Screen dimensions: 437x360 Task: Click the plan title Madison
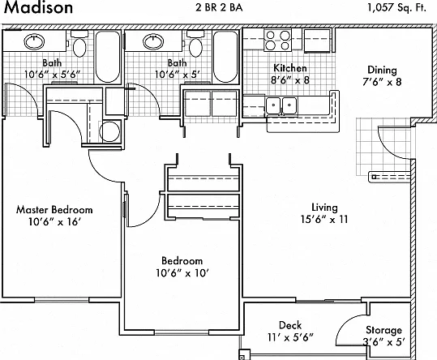(x=38, y=7)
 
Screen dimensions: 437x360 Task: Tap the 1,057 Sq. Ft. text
(x=397, y=8)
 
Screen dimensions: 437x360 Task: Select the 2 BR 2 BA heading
(x=219, y=7)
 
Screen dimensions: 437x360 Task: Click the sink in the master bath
(x=34, y=41)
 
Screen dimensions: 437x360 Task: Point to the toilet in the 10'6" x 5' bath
(x=195, y=44)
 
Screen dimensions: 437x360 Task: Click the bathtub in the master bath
(x=108, y=57)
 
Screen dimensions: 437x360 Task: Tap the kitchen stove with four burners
(x=277, y=40)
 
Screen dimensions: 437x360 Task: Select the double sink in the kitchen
(x=281, y=105)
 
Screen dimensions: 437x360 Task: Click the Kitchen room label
(x=290, y=68)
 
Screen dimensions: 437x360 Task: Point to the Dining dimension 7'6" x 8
(x=382, y=82)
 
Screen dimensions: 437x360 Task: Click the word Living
(x=324, y=208)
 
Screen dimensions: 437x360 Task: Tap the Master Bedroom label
(x=54, y=209)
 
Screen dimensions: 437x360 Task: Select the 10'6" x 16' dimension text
(x=54, y=222)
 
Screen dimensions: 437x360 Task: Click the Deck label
(x=290, y=325)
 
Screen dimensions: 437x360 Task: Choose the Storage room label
(x=383, y=330)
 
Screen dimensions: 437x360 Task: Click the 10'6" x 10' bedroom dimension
(x=182, y=273)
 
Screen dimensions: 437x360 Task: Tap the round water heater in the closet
(x=109, y=131)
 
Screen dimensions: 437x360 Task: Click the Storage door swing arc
(x=346, y=324)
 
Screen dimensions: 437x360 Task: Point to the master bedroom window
(x=62, y=300)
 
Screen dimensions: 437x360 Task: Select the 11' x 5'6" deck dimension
(x=290, y=338)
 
